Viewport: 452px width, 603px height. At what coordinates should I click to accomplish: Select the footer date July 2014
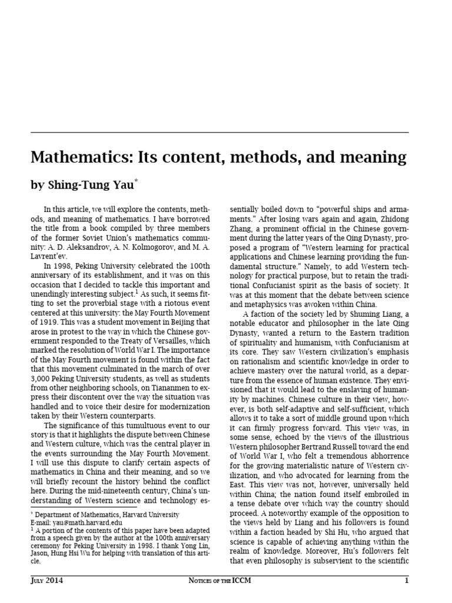pyautogui.click(x=47, y=581)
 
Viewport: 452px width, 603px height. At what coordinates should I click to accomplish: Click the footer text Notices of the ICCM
pyautogui.click(x=226, y=581)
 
